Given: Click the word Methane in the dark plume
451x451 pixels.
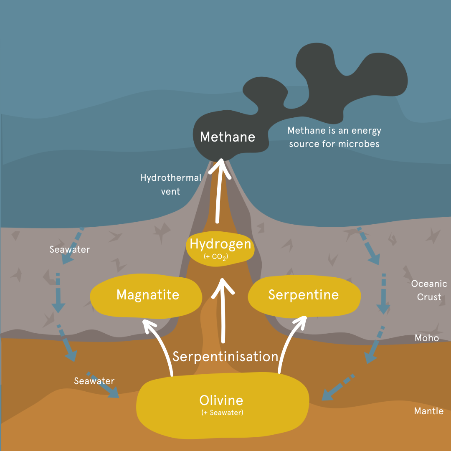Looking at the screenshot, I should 228,137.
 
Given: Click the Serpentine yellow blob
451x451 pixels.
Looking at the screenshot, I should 304,295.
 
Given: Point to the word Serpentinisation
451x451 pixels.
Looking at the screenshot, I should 225,357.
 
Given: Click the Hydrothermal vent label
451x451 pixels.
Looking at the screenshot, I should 170,184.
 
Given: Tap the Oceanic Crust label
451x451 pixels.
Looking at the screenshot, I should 429,290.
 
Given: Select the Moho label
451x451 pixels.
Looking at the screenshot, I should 427,338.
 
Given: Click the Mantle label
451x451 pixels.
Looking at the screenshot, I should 428,411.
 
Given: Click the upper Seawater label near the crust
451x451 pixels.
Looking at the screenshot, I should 70,250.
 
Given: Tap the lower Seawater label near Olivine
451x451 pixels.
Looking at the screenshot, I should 94,381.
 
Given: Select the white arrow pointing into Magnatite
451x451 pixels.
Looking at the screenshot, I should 159,347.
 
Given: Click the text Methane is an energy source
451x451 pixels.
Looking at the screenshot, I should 334,137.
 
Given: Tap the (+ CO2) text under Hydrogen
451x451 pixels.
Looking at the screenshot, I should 215,258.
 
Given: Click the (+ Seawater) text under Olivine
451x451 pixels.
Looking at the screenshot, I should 222,413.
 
